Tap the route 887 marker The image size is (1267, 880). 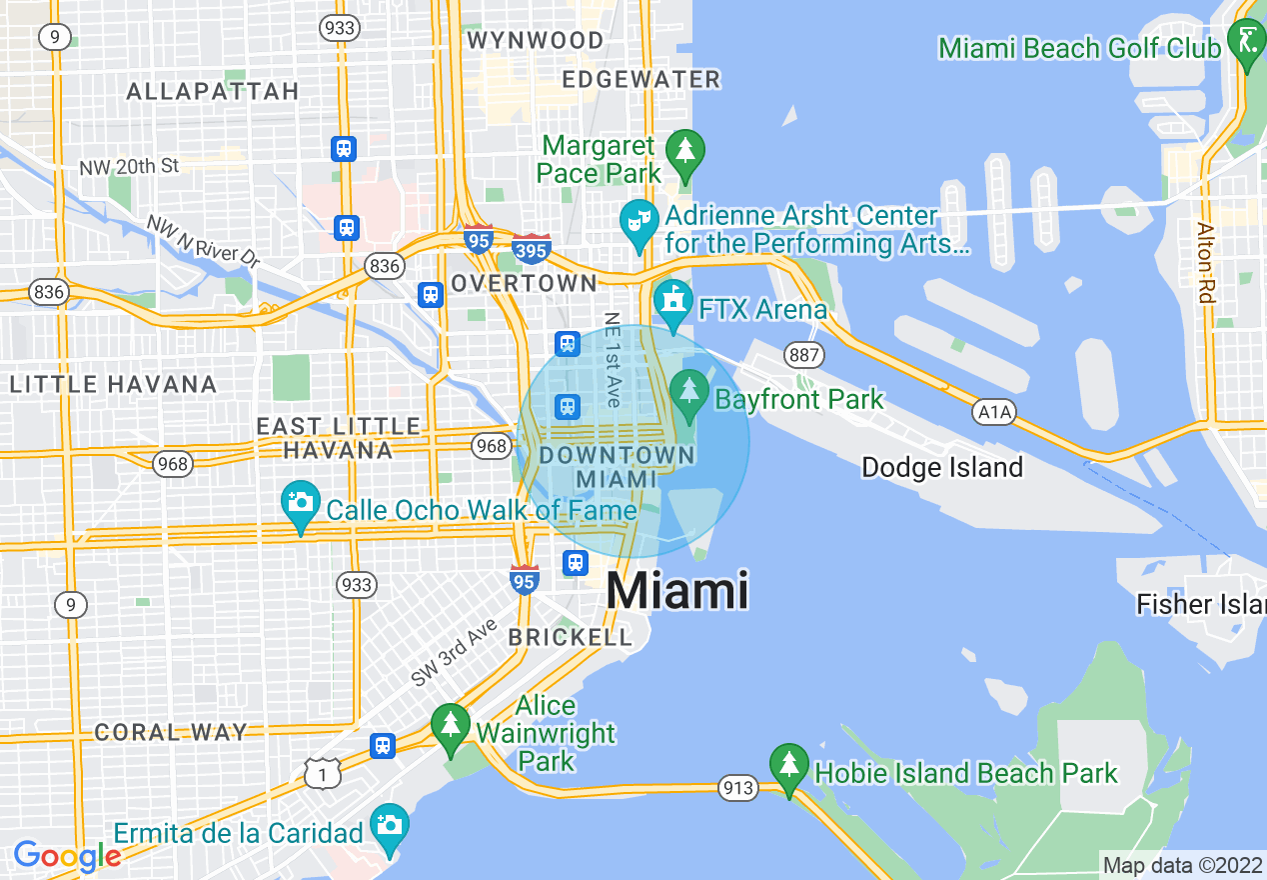(803, 355)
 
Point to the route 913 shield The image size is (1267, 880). (738, 788)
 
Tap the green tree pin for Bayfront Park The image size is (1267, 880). (688, 394)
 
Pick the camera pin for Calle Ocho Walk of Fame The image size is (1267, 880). (301, 505)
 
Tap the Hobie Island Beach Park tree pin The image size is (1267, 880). (789, 768)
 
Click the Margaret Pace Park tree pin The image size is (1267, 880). (684, 153)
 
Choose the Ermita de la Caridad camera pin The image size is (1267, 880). (389, 828)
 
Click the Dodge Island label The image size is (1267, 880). (942, 467)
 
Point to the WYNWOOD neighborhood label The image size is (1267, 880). (536, 41)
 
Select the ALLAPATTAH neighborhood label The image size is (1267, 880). (213, 91)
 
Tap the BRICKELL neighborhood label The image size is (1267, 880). (571, 637)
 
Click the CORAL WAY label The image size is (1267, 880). (171, 732)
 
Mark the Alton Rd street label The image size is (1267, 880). (1207, 262)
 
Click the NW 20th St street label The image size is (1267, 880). (130, 166)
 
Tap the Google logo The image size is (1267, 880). (67, 856)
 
